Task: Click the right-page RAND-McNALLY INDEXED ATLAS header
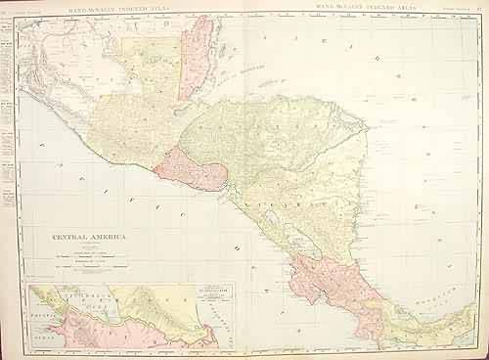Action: tap(371, 8)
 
